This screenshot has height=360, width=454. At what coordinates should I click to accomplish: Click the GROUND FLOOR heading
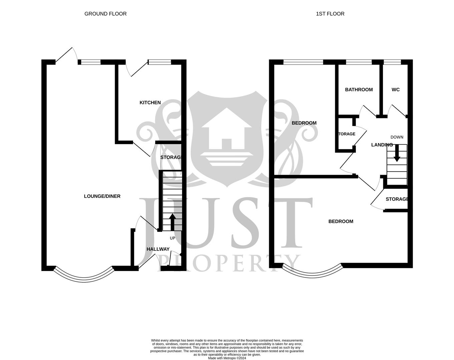pos(105,14)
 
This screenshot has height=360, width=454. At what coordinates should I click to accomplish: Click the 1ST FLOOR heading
pos(330,14)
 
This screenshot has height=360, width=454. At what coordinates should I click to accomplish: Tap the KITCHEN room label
pos(150,103)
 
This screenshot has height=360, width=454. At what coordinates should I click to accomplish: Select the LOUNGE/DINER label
pos(102,196)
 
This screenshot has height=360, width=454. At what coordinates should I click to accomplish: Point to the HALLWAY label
pos(158,249)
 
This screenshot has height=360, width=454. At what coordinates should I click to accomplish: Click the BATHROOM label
pos(359,90)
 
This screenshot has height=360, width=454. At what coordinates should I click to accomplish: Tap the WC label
pos(395,90)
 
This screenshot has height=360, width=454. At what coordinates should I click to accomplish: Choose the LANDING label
pos(382,145)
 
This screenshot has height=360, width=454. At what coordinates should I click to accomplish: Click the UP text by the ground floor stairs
pos(172,238)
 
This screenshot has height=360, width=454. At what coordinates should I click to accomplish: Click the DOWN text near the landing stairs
pos(397,137)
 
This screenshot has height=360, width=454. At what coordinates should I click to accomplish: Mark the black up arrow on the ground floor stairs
pos(172,222)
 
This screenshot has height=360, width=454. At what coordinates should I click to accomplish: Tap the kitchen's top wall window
pos(159,62)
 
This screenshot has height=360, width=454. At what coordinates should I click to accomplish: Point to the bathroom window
pos(359,62)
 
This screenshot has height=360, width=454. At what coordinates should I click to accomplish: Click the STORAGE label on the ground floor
pos(170,157)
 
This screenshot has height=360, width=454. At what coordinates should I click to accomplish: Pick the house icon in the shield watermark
pos(226,133)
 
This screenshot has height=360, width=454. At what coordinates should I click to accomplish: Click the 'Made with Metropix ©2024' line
pos(227,358)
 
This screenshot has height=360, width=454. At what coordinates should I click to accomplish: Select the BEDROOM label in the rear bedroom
pos(304,123)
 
